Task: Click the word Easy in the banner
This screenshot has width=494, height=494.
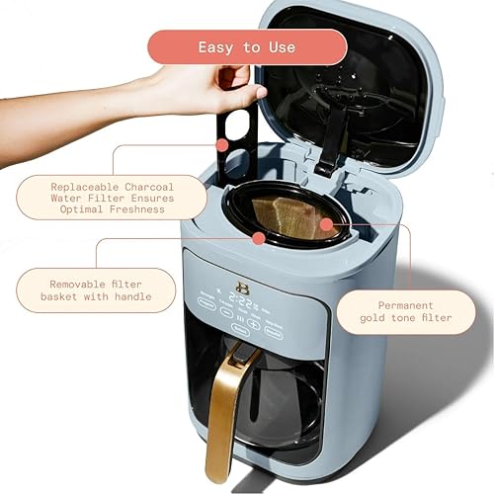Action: click(x=217, y=47)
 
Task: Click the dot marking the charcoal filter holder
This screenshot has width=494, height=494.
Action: click(x=224, y=145)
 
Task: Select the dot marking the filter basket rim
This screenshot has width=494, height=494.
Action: click(x=258, y=238)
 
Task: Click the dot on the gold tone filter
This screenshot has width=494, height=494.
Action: click(x=334, y=226)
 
